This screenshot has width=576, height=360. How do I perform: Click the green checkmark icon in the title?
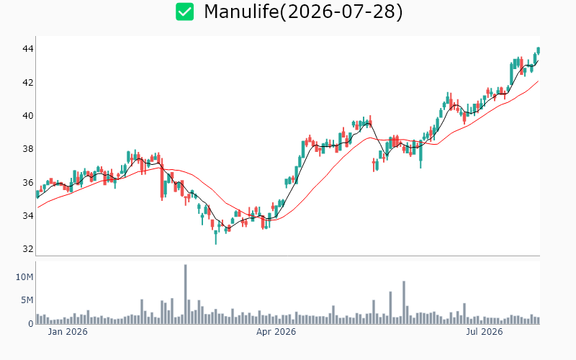(184, 12)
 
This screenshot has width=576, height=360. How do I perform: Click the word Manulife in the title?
(241, 12)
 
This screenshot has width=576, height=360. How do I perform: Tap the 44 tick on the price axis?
(28, 49)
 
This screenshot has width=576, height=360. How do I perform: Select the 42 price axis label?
(28, 82)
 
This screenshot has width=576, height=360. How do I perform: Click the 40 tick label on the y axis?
(28, 116)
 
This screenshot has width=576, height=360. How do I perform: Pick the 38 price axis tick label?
(28, 149)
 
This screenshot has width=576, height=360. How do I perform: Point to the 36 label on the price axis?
(28, 182)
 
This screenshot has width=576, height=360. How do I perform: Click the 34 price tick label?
(28, 215)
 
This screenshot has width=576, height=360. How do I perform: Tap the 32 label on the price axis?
(28, 248)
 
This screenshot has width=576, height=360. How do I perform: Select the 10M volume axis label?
(24, 277)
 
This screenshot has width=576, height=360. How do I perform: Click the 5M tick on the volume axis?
(27, 300)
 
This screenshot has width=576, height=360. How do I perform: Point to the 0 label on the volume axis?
(31, 323)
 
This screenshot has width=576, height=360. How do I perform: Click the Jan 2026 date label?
(68, 332)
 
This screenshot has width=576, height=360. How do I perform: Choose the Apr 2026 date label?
(276, 332)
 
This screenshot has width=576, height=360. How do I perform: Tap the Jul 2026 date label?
(484, 332)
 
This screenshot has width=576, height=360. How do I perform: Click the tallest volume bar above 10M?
(186, 294)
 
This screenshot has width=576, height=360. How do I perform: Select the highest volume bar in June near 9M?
(404, 302)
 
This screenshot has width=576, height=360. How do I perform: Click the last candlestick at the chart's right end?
(539, 50)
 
